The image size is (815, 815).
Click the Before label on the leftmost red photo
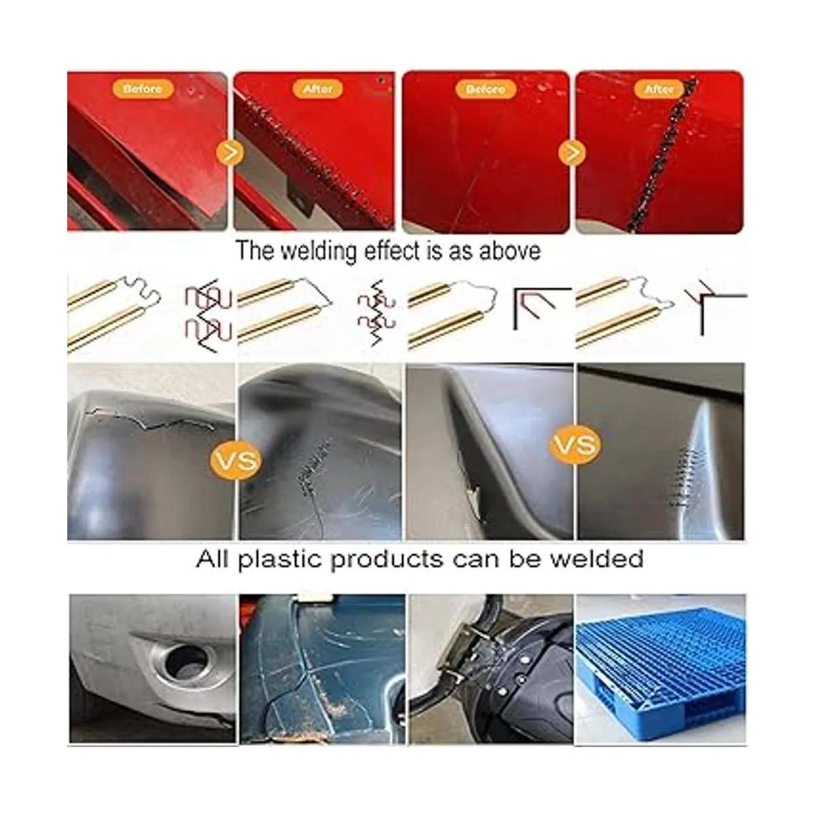[143, 89]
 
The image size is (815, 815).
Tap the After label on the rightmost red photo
[659, 89]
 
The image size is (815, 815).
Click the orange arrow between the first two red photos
[230, 153]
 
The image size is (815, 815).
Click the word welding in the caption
[319, 251]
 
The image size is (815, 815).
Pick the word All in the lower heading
[212, 559]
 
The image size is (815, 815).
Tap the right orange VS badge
[575, 444]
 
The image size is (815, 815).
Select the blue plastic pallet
[661, 672]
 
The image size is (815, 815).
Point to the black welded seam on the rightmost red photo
[662, 154]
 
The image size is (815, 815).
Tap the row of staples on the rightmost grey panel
[685, 476]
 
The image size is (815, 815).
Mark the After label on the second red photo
[318, 89]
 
